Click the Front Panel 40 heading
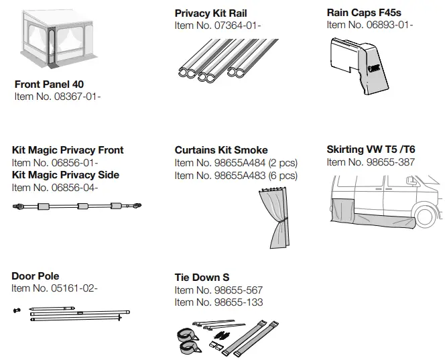pyautogui.click(x=49, y=84)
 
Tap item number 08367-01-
pyautogui.click(x=58, y=97)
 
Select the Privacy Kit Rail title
pyautogui.click(x=210, y=13)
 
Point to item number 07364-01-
pyautogui.click(x=218, y=25)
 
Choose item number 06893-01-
pyautogui.click(x=370, y=25)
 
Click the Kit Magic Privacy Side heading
pyautogui.click(x=66, y=175)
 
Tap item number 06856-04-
pyautogui.click(x=55, y=187)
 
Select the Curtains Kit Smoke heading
pyautogui.click(x=221, y=150)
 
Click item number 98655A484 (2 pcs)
pyautogui.click(x=236, y=163)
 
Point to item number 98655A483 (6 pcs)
pyautogui.click(x=236, y=176)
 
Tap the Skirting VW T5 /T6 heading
pyautogui.click(x=371, y=149)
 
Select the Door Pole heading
pyautogui.click(x=36, y=276)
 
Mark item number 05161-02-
pyautogui.click(x=55, y=288)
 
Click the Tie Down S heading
pyautogui.click(x=202, y=278)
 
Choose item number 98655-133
pyautogui.click(x=218, y=302)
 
